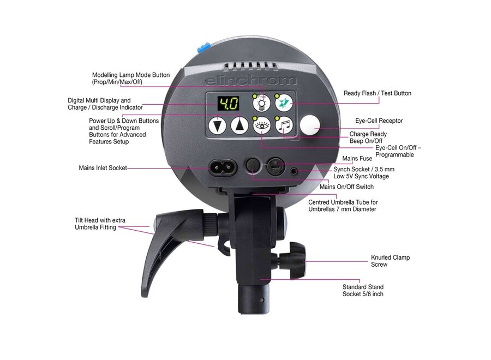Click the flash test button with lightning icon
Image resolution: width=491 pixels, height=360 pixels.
tap(284, 103)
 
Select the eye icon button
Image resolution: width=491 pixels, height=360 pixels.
tap(262, 126)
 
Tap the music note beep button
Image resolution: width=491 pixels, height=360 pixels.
tap(284, 126)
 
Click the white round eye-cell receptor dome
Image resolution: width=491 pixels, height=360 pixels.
tap(310, 126)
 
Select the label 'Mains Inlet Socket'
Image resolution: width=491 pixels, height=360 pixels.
tap(103, 168)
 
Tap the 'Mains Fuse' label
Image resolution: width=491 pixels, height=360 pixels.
tap(357, 159)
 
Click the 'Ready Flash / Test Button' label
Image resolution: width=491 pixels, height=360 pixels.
tap(377, 93)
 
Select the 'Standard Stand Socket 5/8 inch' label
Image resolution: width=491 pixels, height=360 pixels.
tap(363, 290)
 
